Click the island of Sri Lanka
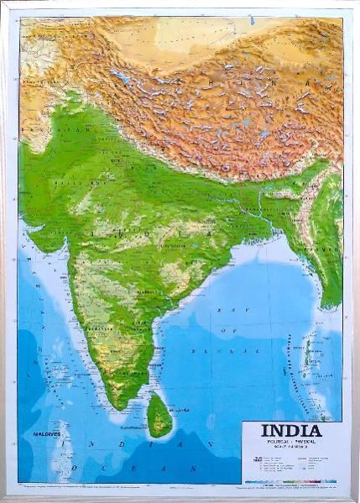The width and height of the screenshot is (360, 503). pyautogui.click(x=159, y=417)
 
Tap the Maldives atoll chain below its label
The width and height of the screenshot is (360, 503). pyautogui.click(x=57, y=458)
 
